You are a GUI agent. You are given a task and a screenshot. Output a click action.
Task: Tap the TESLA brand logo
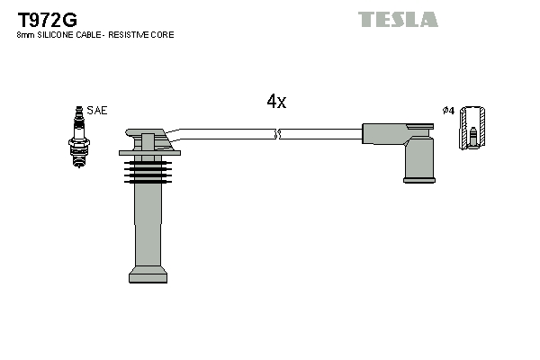pyautogui.click(x=398, y=19)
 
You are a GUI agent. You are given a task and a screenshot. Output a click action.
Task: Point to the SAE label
pyautogui.click(x=97, y=110)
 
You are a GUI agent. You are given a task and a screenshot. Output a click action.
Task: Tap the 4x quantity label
pyautogui.click(x=276, y=103)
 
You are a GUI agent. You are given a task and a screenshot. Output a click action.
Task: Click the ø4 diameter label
pyautogui.click(x=448, y=110)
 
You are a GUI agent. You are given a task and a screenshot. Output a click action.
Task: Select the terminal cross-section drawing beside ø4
pyautogui.click(x=472, y=129)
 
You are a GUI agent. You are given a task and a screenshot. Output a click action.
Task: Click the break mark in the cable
pyautogui.click(x=278, y=134)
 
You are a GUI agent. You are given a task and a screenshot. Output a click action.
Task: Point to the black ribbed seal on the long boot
pyautogui.click(x=145, y=169)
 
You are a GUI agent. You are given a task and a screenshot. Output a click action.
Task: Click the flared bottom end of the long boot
pyautogui.click(x=148, y=274)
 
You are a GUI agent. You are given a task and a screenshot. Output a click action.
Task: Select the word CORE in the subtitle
pyautogui.click(x=163, y=34)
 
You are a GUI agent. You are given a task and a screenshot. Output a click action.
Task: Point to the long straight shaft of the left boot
pyautogui.click(x=148, y=225)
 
